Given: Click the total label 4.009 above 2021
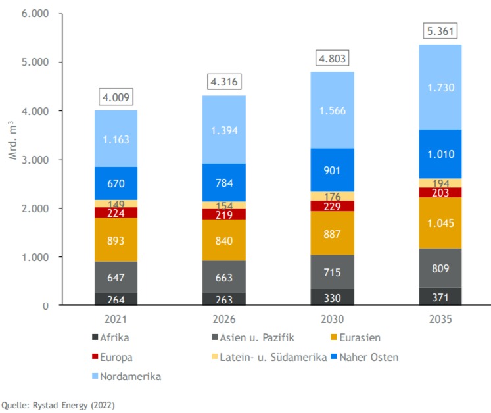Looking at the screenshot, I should point(116,98).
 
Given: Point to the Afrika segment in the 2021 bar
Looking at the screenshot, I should point(116,299).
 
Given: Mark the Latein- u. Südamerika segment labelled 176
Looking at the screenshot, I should point(332,196).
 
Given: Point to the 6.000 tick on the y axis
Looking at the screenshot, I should point(37,14).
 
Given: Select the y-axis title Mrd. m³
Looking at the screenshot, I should point(12,140).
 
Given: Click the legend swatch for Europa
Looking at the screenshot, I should point(96,357).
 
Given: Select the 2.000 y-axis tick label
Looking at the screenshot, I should point(37,208).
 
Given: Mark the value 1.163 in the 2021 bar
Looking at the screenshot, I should point(116,139).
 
